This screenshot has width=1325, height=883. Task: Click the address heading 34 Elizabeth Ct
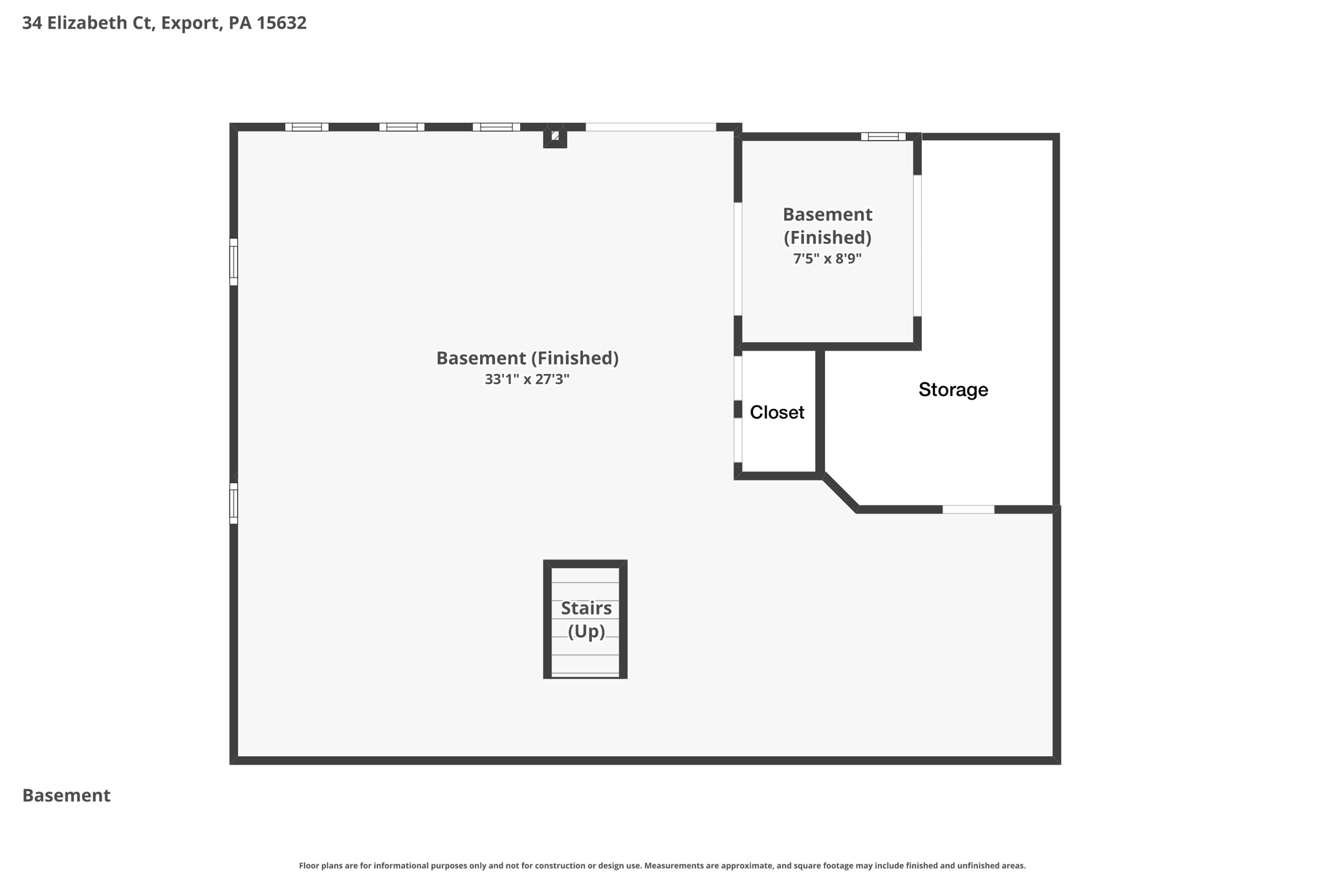[164, 23]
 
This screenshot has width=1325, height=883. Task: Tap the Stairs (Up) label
[586, 619]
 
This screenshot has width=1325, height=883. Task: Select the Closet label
[777, 412]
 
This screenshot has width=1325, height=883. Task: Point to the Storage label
[953, 389]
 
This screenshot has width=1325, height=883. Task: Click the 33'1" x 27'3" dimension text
[527, 379]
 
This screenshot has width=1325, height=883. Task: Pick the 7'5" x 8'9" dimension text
[827, 259]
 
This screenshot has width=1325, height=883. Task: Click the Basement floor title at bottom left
[67, 795]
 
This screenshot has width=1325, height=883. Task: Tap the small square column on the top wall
[555, 136]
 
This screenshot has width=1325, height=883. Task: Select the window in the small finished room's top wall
[883, 136]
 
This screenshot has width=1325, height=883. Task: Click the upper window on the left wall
[234, 261]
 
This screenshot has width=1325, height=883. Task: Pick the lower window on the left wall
[234, 503]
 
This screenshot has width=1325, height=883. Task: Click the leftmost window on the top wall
[307, 127]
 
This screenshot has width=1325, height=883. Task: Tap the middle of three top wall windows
[402, 127]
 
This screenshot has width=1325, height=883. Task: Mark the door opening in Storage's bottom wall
[968, 510]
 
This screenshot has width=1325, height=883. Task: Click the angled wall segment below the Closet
[840, 493]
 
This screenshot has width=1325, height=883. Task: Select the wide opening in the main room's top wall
[651, 127]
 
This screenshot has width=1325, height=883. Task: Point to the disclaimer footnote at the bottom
[662, 866]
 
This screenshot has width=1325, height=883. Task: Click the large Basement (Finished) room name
[527, 358]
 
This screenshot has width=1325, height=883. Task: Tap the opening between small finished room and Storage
[917, 245]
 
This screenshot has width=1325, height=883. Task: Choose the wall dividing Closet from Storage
[820, 411]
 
